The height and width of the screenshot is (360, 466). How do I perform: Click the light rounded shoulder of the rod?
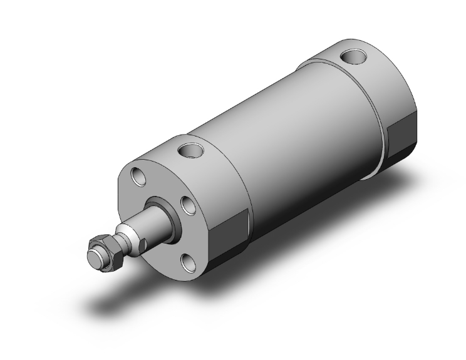(128, 235)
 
